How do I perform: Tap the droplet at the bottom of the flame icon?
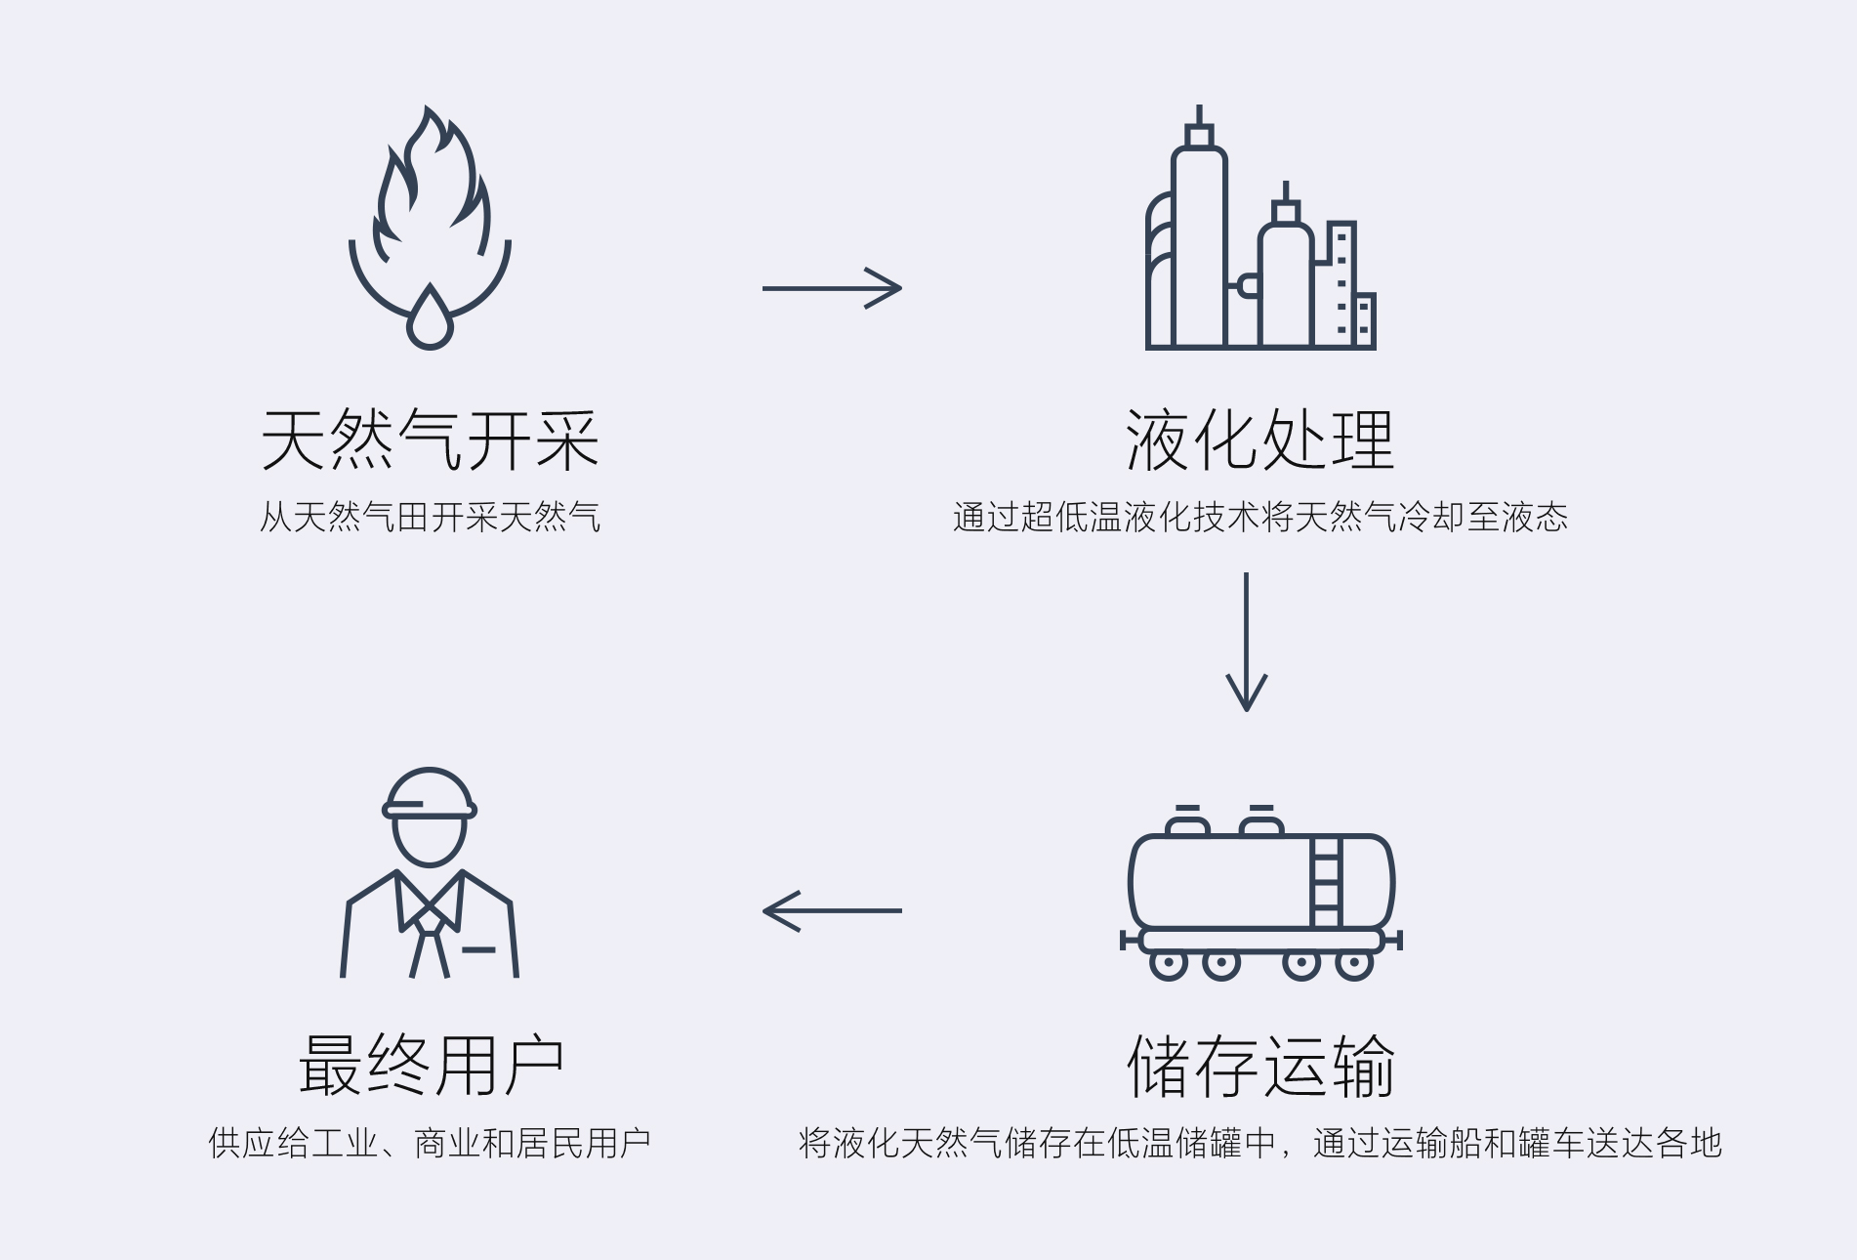(x=430, y=320)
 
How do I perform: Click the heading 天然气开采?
(x=430, y=441)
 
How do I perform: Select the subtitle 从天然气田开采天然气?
(x=430, y=517)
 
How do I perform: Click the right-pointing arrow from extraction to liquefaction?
(x=832, y=288)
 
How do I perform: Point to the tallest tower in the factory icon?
(x=1199, y=244)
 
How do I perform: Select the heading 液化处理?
(x=1259, y=441)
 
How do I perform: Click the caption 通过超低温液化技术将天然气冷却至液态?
(x=1259, y=517)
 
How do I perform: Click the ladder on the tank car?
(x=1326, y=881)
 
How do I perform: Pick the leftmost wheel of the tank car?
(x=1169, y=965)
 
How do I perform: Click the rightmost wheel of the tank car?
(x=1354, y=965)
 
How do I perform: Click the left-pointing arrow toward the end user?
(x=832, y=910)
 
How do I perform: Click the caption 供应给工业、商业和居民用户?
(x=430, y=1143)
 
